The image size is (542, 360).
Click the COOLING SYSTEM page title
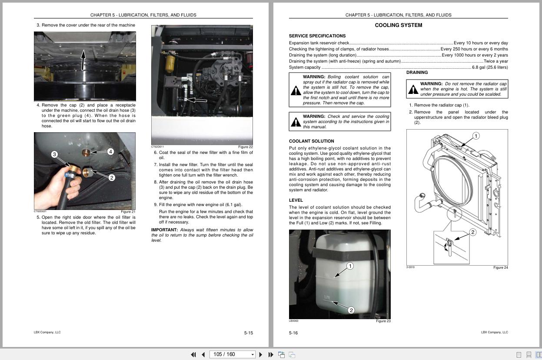(x=398, y=25)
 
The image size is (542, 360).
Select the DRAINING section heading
(x=417, y=73)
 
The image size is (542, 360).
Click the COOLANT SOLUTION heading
(x=311, y=141)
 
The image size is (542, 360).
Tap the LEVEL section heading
(x=296, y=200)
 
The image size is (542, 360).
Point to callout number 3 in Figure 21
(x=54, y=154)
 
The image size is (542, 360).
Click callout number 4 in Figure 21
(x=110, y=152)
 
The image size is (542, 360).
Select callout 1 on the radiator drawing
(x=475, y=136)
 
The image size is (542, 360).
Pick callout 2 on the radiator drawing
(x=473, y=232)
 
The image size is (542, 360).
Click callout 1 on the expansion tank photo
(x=350, y=266)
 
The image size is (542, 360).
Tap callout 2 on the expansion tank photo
(x=351, y=310)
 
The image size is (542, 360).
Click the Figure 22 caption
(x=245, y=147)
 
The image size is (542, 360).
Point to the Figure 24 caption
(x=500, y=267)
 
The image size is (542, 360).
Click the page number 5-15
(x=248, y=333)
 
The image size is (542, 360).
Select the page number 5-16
(x=293, y=333)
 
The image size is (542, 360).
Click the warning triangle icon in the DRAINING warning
(x=413, y=90)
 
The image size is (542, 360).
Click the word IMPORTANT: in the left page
(x=164, y=230)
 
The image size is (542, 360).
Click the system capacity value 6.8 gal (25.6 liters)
(x=490, y=67)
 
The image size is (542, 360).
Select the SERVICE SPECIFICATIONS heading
(x=317, y=36)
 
